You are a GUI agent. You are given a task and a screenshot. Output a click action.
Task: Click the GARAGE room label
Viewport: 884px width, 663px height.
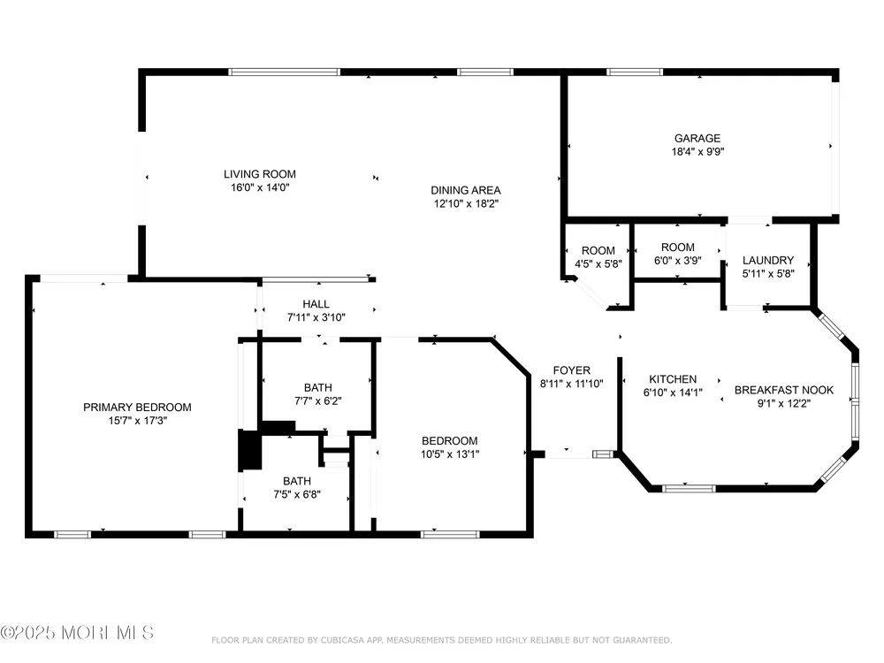(697, 138)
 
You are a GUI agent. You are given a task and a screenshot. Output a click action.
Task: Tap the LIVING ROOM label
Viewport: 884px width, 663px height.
(259, 174)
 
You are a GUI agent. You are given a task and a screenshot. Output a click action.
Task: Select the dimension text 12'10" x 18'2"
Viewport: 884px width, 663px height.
(466, 203)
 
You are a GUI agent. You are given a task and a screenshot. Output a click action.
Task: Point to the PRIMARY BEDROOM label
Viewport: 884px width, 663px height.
(137, 407)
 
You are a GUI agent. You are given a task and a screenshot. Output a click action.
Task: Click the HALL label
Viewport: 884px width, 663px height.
(316, 304)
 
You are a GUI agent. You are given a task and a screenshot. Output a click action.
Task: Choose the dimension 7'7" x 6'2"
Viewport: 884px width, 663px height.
(318, 400)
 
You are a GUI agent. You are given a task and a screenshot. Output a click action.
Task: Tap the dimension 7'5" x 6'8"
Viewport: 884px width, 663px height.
(297, 494)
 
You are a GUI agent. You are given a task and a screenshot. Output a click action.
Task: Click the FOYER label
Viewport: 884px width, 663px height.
(572, 370)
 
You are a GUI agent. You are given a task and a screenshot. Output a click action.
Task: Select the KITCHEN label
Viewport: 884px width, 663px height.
(673, 379)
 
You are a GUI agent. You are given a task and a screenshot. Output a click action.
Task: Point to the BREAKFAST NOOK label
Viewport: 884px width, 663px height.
(783, 390)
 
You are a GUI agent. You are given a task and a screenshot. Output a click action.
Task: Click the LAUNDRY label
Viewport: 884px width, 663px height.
(768, 260)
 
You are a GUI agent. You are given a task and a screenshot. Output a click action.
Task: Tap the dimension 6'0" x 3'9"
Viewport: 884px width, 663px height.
(678, 261)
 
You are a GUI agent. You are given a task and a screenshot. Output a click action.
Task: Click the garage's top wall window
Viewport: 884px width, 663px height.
(634, 72)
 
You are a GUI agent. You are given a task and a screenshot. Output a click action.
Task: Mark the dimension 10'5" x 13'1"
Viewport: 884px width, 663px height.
(450, 453)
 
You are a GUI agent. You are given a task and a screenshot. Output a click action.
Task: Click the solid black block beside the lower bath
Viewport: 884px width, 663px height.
(250, 449)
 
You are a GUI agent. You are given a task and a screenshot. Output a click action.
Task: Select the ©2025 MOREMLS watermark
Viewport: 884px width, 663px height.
(77, 633)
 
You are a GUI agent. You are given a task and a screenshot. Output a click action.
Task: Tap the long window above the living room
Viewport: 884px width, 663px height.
(284, 72)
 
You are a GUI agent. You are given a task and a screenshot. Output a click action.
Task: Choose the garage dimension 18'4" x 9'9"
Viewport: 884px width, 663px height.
(697, 151)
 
